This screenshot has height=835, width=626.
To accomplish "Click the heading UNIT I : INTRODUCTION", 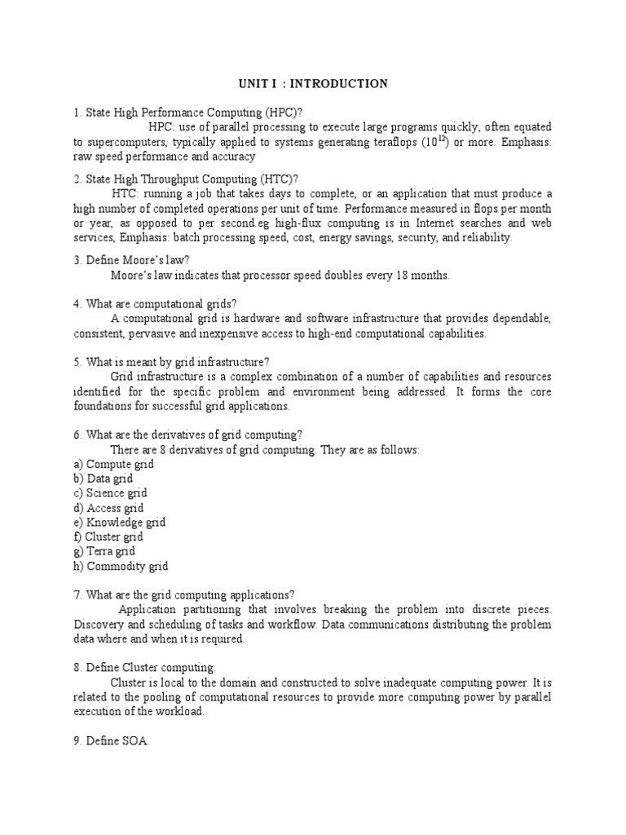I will pos(313,83).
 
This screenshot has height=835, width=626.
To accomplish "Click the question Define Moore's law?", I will pos(131,261).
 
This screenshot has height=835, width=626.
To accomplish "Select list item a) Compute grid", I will pos(113,464).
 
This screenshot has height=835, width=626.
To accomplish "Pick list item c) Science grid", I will pos(111,493).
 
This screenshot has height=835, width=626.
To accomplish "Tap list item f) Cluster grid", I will pos(108,537).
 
